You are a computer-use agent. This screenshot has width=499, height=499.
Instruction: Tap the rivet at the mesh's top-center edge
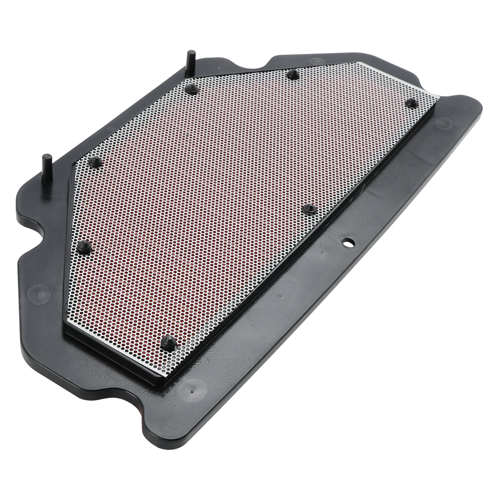tap(292, 74)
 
